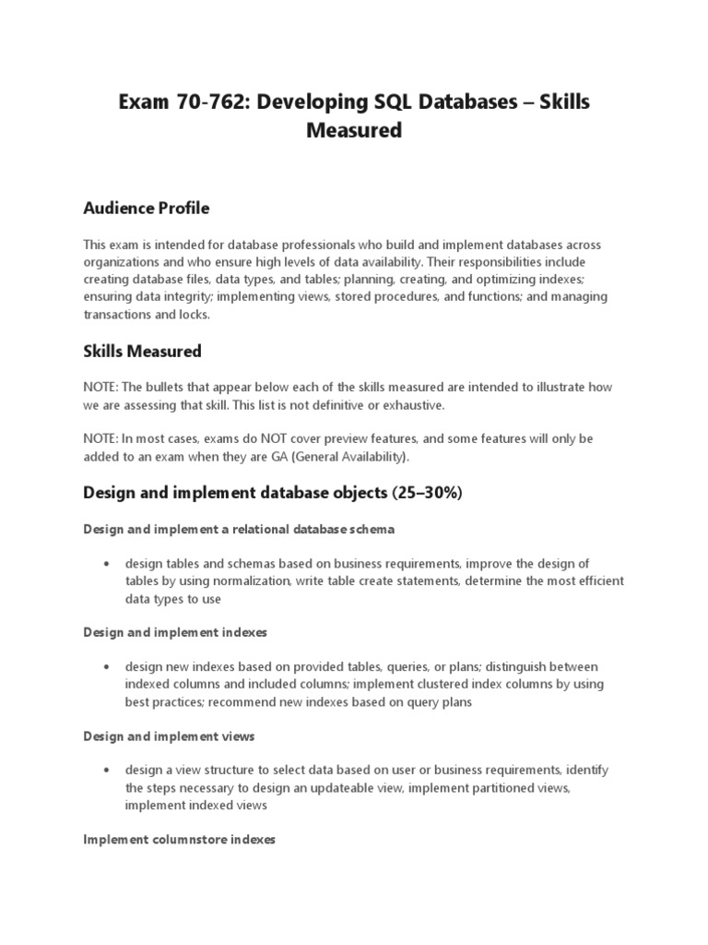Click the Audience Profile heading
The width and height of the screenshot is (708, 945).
pos(146,209)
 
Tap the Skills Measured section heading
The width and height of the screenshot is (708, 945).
pos(142,352)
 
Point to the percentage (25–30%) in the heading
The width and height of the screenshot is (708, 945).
pos(426,494)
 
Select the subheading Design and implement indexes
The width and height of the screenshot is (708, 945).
pos(174,632)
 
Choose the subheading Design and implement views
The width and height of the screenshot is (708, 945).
pos(169,736)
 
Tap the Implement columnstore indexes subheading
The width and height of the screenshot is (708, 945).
pos(179,840)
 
